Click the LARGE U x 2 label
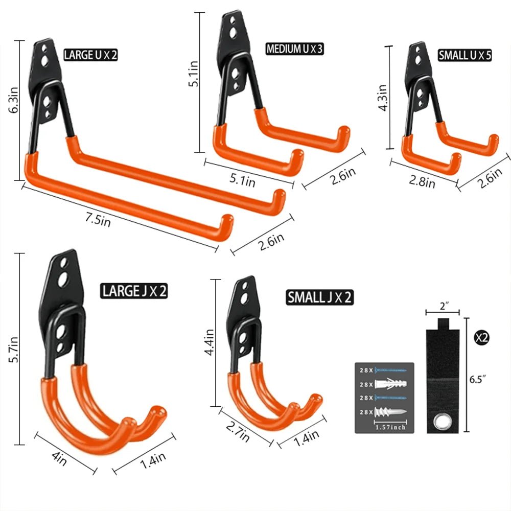(90, 55)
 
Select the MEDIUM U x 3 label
(295, 49)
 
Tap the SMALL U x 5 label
(464, 55)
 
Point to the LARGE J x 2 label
(134, 291)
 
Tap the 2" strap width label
(443, 307)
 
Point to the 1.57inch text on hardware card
(391, 427)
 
